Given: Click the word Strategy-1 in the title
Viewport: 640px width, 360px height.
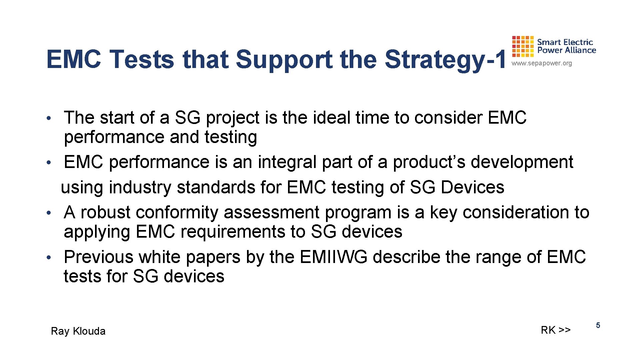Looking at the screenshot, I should (445, 59).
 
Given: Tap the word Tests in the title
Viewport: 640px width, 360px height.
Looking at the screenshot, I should (142, 59).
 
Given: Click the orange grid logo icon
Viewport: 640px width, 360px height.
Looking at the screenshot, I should (523, 46).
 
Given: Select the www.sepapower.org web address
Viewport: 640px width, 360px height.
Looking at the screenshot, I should (542, 63).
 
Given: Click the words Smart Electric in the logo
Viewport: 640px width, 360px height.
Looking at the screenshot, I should (565, 42).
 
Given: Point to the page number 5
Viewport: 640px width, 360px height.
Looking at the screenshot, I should (598, 325).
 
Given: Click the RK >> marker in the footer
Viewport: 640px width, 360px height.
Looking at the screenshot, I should (556, 330).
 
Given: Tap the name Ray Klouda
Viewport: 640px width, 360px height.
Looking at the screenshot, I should (78, 331).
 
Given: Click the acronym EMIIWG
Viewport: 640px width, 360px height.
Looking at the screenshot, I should (333, 257).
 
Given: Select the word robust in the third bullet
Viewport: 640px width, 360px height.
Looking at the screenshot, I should (105, 212).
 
